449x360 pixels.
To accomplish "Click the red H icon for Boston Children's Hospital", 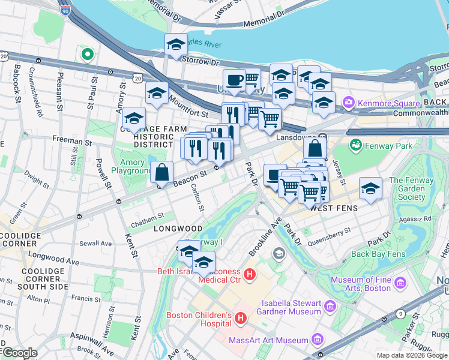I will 241,316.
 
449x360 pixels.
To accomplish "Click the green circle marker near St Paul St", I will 88,55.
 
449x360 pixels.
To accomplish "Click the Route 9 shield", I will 400,313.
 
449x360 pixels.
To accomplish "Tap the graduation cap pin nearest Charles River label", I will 176,44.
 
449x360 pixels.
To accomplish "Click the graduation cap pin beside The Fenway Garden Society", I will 370,188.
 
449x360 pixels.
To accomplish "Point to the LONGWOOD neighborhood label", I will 178,229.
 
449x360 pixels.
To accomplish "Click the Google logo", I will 19,352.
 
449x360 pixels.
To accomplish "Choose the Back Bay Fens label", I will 377,254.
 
